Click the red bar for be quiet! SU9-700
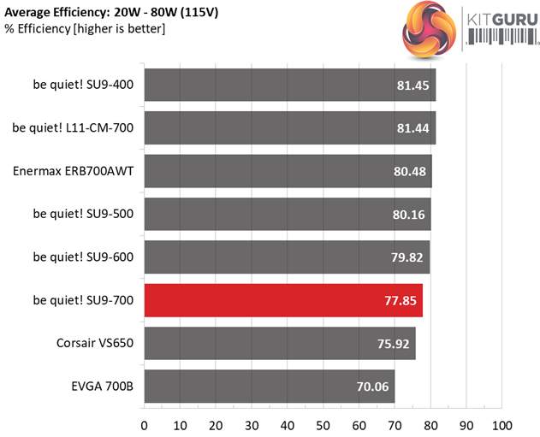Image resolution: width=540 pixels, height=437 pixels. (x=282, y=300)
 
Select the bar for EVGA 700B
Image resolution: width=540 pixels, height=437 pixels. (x=269, y=387)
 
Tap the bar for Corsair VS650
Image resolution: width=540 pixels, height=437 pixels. (x=279, y=344)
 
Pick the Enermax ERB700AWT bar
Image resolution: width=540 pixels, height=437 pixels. (x=288, y=171)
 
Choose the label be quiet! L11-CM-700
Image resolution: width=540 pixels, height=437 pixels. (x=74, y=127)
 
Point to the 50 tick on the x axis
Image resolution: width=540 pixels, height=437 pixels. (x=323, y=424)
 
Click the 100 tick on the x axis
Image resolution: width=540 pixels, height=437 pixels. (x=501, y=424)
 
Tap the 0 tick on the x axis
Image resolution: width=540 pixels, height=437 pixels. (x=144, y=424)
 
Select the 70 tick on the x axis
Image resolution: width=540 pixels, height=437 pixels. (x=395, y=424)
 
